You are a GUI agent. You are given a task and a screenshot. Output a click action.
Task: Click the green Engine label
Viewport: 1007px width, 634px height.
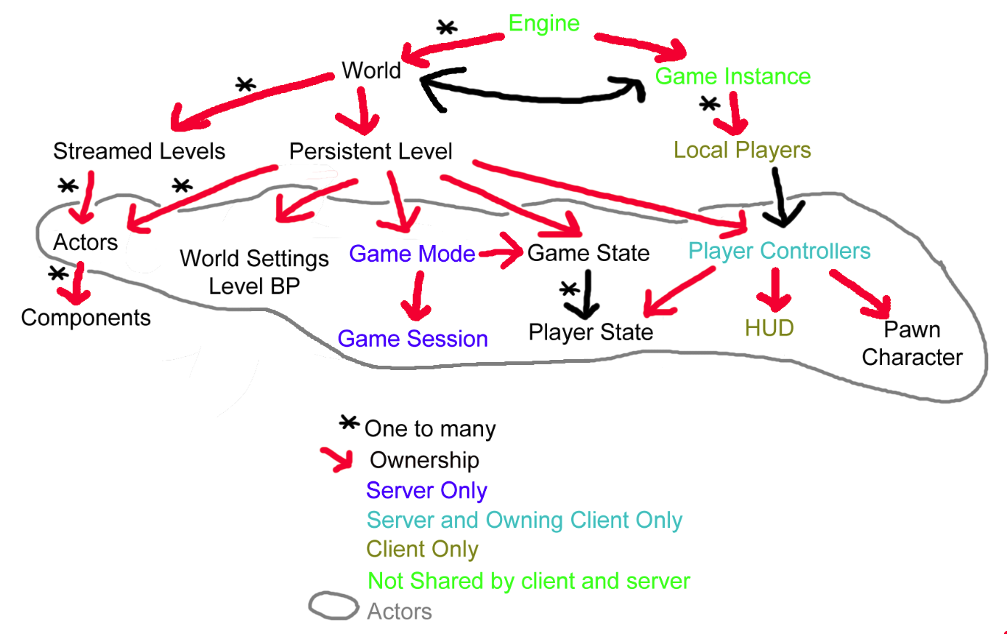click(543, 24)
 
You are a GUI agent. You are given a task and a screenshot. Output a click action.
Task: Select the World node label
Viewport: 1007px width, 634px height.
click(371, 71)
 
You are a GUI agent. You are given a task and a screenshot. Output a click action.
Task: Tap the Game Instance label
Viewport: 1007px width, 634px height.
click(732, 76)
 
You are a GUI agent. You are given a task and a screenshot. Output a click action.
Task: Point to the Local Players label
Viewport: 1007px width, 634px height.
click(742, 150)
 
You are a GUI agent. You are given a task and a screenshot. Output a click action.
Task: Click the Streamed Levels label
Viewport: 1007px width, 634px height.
click(139, 151)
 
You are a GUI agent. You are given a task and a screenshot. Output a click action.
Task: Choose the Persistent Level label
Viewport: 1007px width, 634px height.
click(371, 151)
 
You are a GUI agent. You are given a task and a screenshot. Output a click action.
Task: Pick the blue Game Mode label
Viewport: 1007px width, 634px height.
click(412, 254)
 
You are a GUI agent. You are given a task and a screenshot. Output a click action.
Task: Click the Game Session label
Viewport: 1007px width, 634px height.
click(413, 339)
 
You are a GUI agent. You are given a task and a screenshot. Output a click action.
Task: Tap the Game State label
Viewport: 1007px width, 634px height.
click(588, 253)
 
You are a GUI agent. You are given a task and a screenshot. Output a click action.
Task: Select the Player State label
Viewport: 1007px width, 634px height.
click(591, 332)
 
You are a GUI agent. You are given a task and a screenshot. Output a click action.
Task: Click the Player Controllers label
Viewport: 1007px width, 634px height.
click(779, 251)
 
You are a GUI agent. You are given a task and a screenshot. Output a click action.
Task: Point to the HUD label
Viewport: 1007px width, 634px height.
click(769, 328)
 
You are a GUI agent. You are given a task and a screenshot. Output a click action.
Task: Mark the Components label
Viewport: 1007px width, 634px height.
click(86, 318)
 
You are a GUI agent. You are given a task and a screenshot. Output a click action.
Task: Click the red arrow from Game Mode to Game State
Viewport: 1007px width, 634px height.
click(501, 252)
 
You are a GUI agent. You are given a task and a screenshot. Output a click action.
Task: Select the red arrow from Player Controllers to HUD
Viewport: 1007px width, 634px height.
click(775, 290)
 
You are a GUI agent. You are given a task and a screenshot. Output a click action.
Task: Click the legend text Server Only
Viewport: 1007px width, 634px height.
click(426, 491)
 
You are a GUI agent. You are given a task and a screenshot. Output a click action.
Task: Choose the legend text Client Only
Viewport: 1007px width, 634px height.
click(422, 549)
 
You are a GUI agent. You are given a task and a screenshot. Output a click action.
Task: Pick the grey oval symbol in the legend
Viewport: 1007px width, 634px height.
click(333, 606)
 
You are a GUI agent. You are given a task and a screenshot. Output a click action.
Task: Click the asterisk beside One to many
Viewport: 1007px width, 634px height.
click(349, 423)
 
